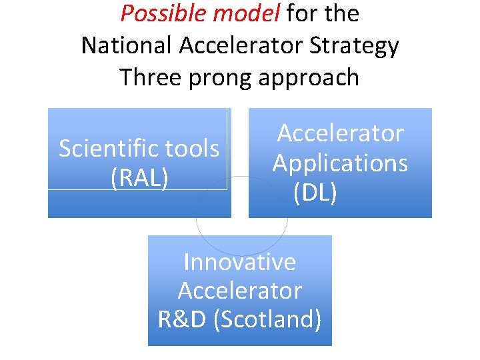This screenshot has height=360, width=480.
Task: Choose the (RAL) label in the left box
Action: pos(139,178)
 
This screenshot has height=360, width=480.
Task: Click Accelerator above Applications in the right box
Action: pos(340,133)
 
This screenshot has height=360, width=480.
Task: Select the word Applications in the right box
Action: pos(340,163)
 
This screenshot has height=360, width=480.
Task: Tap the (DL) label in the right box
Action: pos(315,193)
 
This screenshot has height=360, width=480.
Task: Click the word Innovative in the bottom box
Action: pos(239,261)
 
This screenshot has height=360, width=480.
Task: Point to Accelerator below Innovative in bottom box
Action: pos(239,291)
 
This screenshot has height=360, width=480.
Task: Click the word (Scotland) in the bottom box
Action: pos(266,320)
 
